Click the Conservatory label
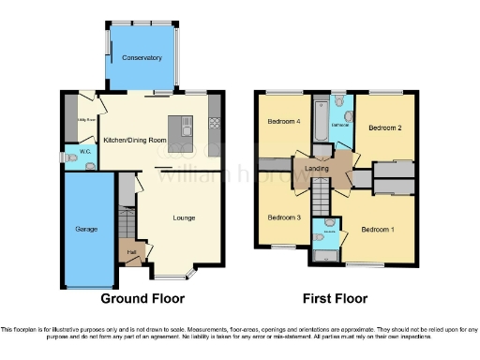pos(142,58)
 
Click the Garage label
pos(86,228)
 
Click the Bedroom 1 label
pos(380,230)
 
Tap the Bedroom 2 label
pos(384,127)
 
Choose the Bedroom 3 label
pos(284,217)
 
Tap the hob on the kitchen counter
pos(215,122)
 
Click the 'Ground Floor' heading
pos(142,299)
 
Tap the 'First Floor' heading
pos(336,299)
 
